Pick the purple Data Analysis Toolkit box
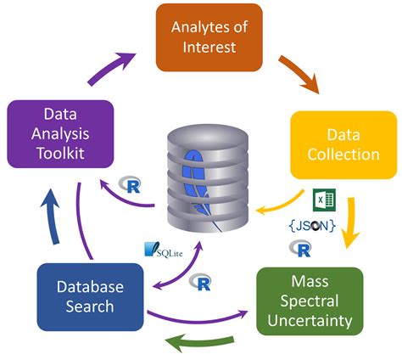59,133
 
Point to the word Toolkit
59,154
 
